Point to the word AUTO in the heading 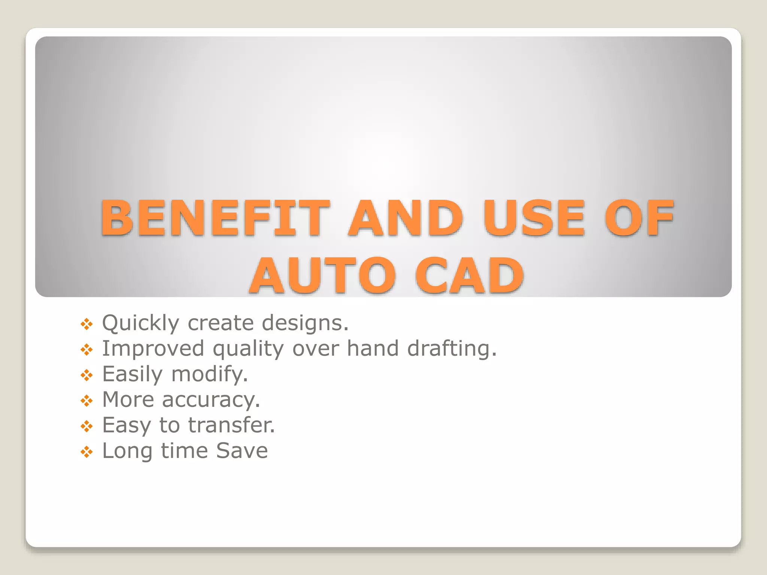tap(322, 276)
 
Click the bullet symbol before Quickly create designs tap(87, 324)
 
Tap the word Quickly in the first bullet tap(141, 323)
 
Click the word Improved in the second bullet tap(153, 349)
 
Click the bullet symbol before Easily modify tap(87, 375)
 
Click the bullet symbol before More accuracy tap(87, 401)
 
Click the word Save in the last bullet tap(242, 451)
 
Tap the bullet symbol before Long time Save tap(87, 452)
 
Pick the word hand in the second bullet tap(373, 349)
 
